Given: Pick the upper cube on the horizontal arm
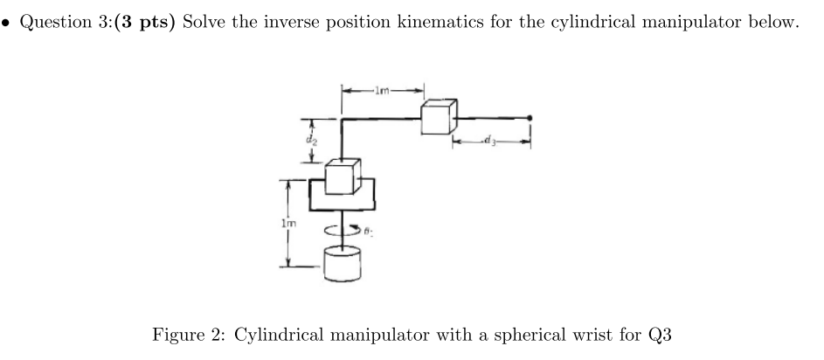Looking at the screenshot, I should coord(439,116).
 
